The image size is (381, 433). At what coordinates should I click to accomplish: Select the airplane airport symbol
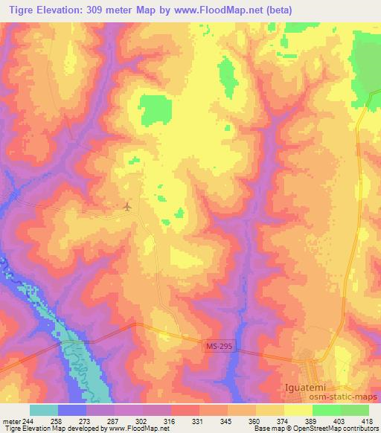tap(128, 206)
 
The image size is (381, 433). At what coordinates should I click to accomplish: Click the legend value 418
tap(368, 420)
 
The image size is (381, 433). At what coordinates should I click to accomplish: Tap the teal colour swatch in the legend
tap(44, 410)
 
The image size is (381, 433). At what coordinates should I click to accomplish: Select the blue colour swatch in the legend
tap(72, 410)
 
